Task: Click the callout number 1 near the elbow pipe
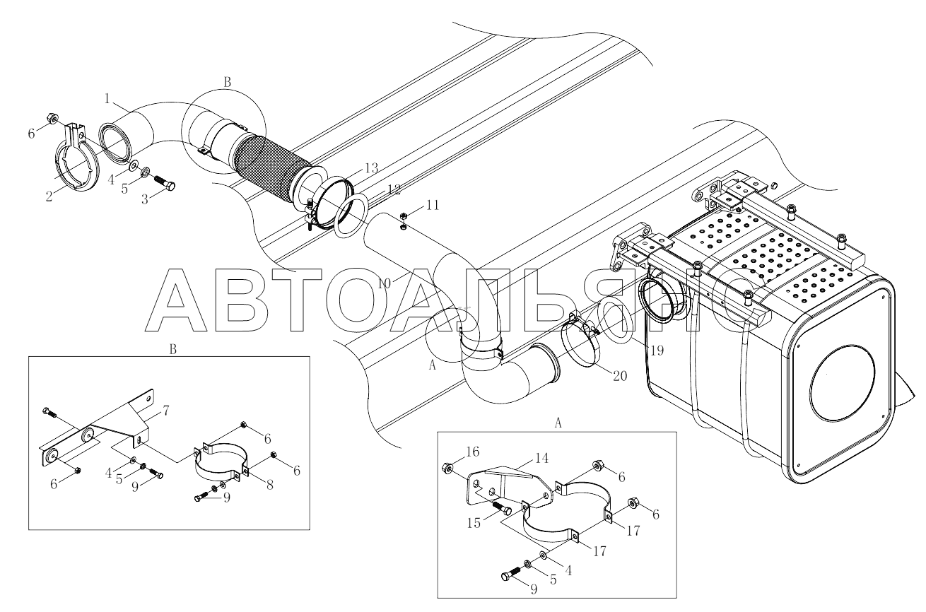[107, 99]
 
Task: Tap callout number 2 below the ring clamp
[49, 196]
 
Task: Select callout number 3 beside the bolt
[145, 199]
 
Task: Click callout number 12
[394, 189]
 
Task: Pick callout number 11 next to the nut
[433, 205]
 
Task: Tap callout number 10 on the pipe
[384, 283]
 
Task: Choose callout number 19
[657, 351]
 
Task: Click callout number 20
[620, 376]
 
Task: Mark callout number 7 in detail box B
[165, 411]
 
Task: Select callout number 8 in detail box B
[270, 485]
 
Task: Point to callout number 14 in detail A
[541, 458]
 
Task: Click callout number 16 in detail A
[472, 452]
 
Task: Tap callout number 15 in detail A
[474, 523]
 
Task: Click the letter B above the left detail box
[172, 350]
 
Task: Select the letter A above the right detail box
[558, 423]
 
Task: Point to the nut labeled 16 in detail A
[447, 467]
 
